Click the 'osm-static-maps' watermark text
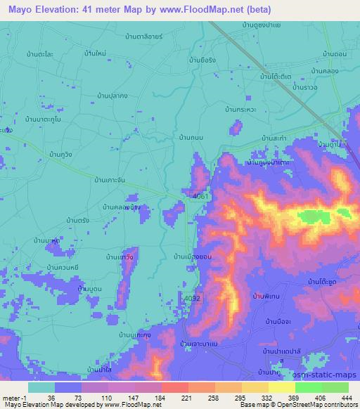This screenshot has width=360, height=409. pos(329,374)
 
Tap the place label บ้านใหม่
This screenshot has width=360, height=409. pos(94,53)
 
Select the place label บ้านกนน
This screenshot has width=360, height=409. pos(192,138)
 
